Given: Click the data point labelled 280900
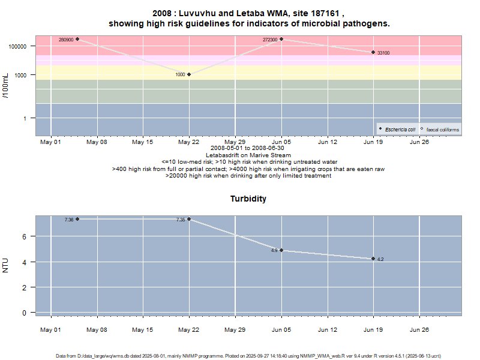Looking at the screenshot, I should point(77,39).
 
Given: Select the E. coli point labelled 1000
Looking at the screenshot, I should point(189,74).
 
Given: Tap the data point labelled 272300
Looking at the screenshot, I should point(281,39).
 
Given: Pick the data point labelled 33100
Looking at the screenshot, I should point(373,53).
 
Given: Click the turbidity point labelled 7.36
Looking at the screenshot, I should point(77,219).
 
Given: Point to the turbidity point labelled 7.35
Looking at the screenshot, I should point(189,219).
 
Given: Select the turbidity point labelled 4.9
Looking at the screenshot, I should point(281,250).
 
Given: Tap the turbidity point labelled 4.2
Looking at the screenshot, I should point(373,259).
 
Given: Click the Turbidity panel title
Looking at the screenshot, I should point(248,199).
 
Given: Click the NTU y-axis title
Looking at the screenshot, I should point(6,265).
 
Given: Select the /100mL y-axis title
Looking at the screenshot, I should point(6,85).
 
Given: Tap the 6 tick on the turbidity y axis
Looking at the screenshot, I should point(25,236).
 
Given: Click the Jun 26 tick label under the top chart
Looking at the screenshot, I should point(419,142).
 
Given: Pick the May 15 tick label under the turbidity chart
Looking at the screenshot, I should point(143,329).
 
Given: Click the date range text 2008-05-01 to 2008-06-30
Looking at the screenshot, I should point(248,148).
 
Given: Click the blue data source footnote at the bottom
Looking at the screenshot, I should point(248,356).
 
